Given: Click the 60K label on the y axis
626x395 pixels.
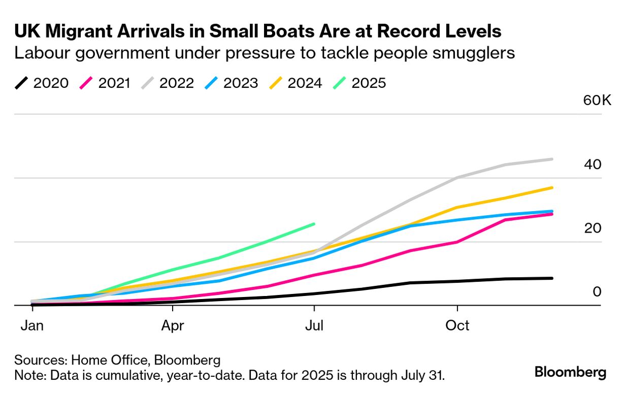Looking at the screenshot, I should tap(597, 100).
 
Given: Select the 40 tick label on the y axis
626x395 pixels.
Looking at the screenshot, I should tap(592, 164).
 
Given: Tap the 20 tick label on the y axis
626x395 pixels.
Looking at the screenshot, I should tap(592, 228).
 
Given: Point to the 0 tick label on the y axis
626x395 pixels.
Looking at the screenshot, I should tap(597, 292).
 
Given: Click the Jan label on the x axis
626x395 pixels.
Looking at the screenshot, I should tap(31, 325).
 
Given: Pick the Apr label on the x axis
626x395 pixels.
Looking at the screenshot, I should tap(173, 325).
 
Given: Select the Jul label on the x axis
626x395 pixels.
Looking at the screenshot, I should tap(314, 325).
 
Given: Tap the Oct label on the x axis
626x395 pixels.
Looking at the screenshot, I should tap(457, 325).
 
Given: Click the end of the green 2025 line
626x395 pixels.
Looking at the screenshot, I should tap(314, 223).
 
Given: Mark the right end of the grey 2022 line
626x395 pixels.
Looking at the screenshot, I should tap(552, 159).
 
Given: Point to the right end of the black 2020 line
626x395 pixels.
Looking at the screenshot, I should tap(552, 278).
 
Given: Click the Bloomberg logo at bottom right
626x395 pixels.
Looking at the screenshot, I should tap(570, 372).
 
